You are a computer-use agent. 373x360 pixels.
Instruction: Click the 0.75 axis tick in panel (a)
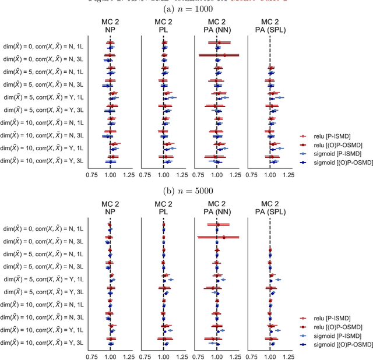click(x=92, y=174)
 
